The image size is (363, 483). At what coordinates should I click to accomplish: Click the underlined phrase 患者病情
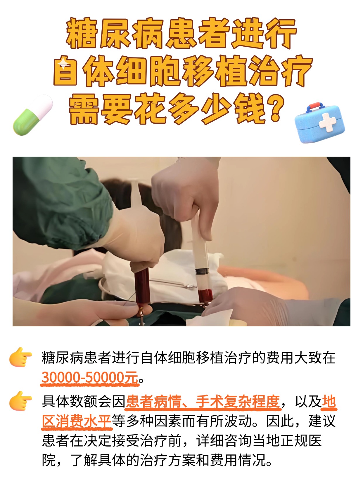coord(153,402)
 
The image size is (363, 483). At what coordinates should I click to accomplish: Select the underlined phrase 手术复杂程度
coord(238,402)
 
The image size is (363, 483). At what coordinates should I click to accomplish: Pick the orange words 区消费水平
coord(77,421)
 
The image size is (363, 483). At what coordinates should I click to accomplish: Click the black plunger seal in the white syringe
coord(202,272)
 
